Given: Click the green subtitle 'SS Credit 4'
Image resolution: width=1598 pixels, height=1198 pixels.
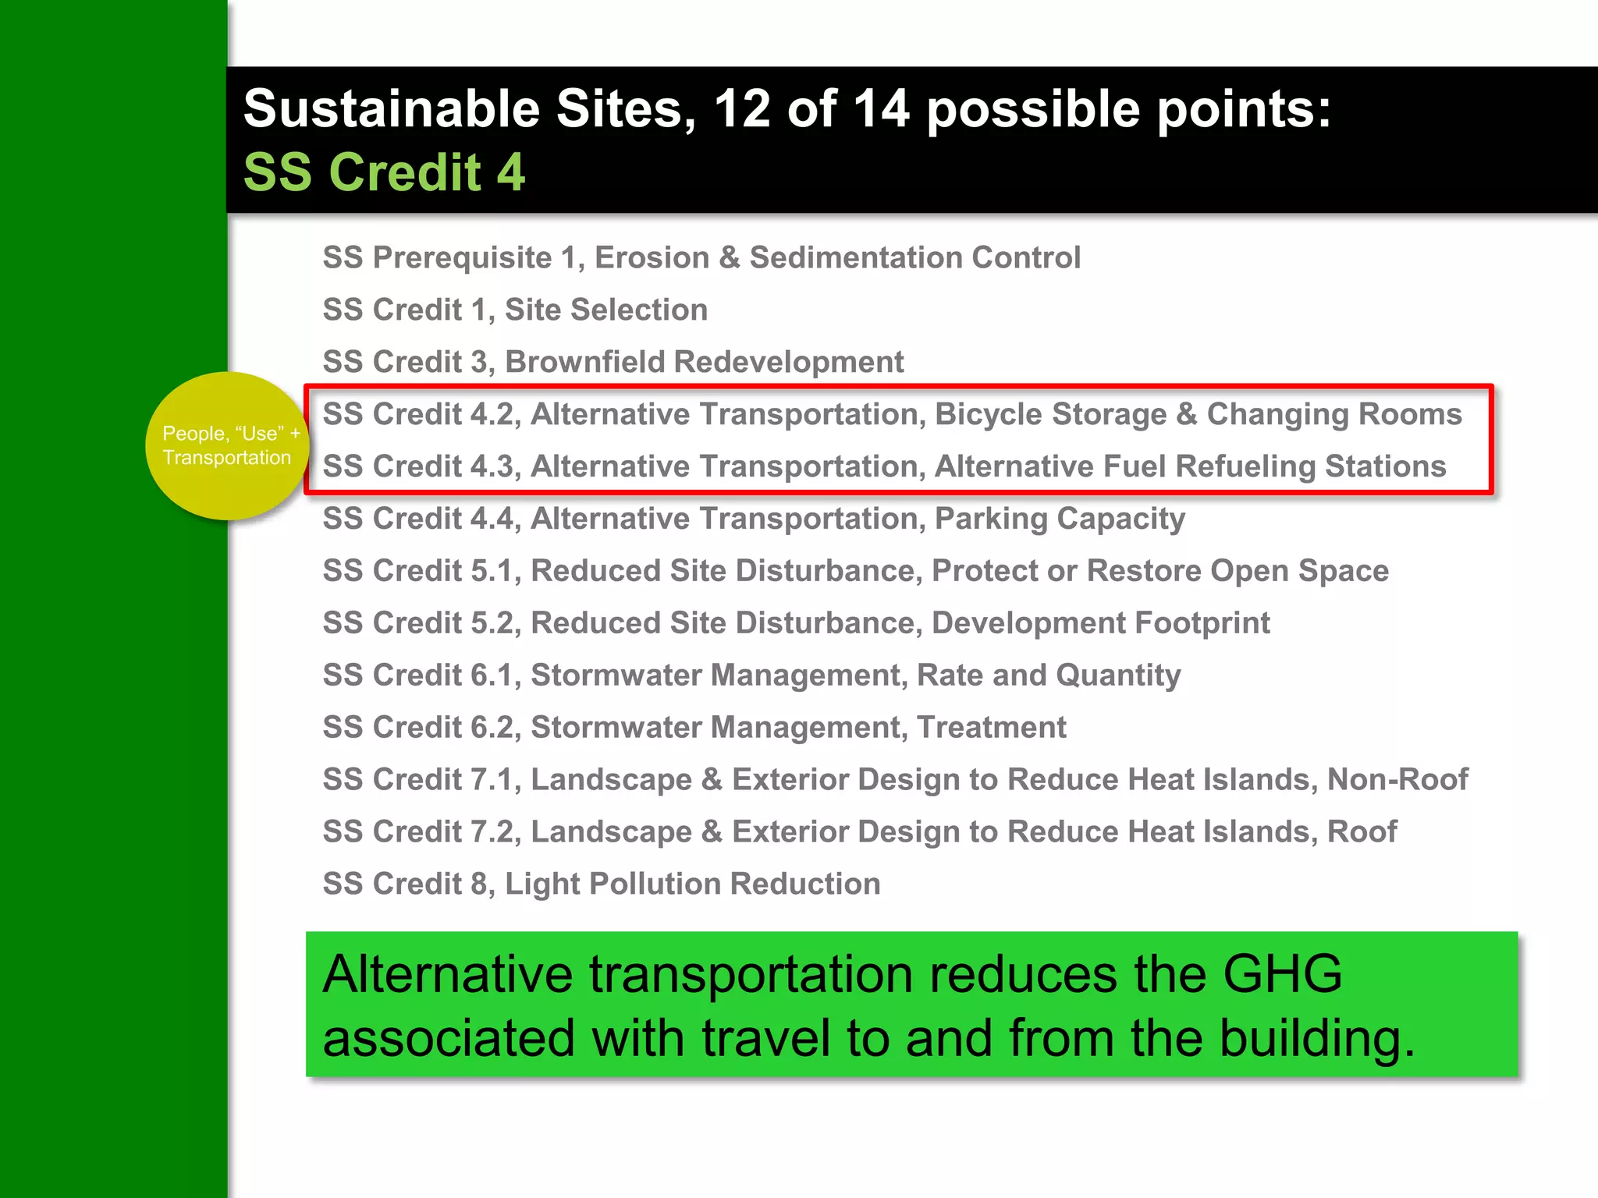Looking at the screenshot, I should [x=384, y=172].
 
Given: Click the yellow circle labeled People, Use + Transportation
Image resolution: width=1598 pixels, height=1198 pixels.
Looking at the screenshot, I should [x=226, y=446].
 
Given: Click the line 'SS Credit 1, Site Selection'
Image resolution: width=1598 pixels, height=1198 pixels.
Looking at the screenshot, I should [x=515, y=310].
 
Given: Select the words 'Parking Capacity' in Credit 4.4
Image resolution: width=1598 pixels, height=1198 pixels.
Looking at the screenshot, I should [x=1060, y=519].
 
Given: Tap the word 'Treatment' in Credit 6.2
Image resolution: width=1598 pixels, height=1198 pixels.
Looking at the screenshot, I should [x=991, y=728].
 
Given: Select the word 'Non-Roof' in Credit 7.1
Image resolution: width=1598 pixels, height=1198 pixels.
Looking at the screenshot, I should [x=1397, y=780].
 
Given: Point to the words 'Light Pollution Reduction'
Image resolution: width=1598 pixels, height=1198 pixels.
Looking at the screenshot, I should [x=693, y=884].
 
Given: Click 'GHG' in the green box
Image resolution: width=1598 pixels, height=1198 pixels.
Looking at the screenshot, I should [x=1281, y=975].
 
